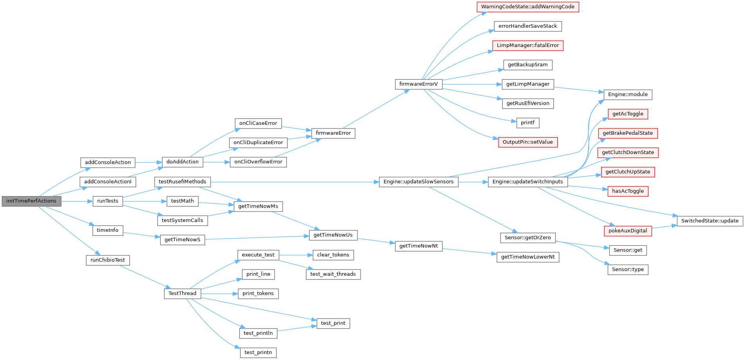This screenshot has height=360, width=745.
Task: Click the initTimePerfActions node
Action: [x=31, y=201]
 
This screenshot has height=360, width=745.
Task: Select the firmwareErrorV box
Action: [x=419, y=84]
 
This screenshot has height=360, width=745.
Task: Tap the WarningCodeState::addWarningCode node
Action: [x=527, y=7]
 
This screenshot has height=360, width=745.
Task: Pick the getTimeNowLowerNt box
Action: [x=528, y=257]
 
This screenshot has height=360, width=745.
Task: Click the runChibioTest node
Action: [x=108, y=260]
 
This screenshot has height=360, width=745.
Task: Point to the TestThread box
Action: [x=182, y=293]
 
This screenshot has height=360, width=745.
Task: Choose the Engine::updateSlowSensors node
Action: [x=419, y=182]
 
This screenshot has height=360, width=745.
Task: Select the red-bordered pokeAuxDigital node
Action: [x=628, y=231]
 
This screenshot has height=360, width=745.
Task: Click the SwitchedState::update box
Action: [x=710, y=221]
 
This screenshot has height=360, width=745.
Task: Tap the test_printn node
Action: [x=258, y=353]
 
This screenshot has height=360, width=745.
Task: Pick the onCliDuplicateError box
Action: [x=258, y=143]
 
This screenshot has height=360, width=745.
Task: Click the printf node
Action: [x=527, y=123]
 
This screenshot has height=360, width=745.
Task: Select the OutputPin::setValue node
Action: [x=527, y=142]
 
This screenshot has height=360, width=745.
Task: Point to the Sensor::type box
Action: [x=628, y=270]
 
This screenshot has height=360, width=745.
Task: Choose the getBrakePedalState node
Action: [x=628, y=133]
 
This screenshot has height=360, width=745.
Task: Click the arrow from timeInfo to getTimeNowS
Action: [x=141, y=235]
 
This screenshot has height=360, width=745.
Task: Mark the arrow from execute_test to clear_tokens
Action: [x=296, y=255]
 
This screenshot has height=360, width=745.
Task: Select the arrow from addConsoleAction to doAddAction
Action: [x=149, y=162]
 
